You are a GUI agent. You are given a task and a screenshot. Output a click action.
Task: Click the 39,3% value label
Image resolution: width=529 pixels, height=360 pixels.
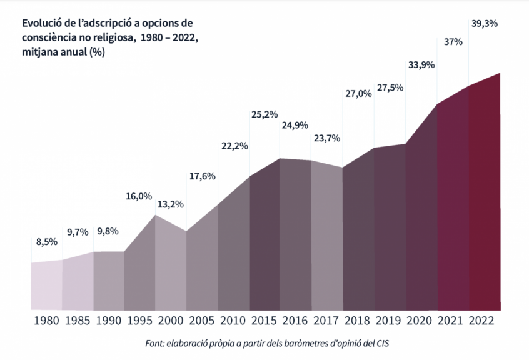pos(483,24)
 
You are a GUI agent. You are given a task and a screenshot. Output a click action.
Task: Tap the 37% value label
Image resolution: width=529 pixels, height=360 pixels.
pos(453,42)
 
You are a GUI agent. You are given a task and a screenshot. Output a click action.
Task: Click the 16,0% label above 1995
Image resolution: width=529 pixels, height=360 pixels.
pos(139,196)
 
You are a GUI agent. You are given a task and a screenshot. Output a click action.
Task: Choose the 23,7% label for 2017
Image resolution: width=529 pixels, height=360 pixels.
pos(326,138)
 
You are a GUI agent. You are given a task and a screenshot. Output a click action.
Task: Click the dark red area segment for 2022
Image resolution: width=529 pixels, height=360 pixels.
pos(485,200)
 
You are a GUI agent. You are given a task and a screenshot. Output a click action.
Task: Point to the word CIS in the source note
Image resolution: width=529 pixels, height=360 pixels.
pos(390,343)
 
